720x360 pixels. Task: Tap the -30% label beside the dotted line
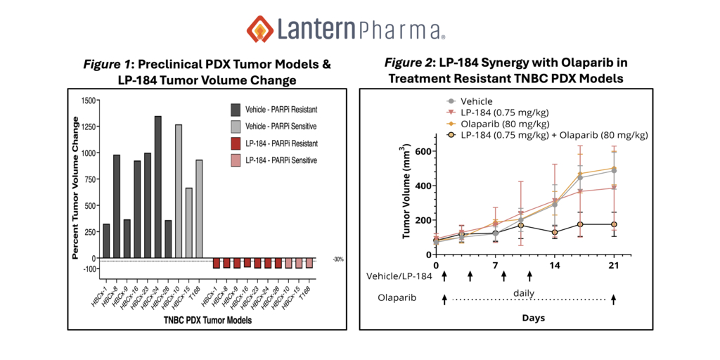[x=338, y=260]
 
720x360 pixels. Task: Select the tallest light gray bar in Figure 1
[x=179, y=191]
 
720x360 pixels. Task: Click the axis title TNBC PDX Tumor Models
[x=208, y=321]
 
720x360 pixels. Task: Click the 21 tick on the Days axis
[x=613, y=265]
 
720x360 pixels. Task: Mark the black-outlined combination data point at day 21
[x=613, y=224]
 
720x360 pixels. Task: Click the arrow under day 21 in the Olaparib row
[x=613, y=299]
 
